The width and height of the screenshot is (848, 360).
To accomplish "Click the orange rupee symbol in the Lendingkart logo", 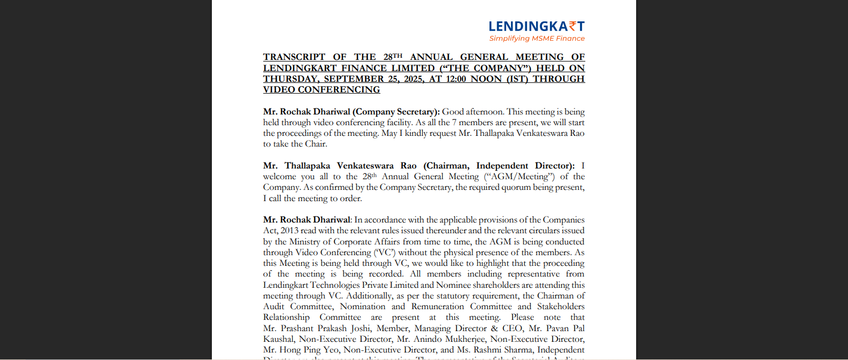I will pyautogui.click(x=573, y=26).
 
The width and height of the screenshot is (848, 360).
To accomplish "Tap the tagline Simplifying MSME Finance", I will pyautogui.click(x=537, y=39).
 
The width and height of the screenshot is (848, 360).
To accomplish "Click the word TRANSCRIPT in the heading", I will pyautogui.click(x=294, y=57).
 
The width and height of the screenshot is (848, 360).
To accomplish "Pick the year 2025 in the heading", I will pyautogui.click(x=410, y=79).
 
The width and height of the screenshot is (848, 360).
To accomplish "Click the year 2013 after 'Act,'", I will pyautogui.click(x=289, y=231).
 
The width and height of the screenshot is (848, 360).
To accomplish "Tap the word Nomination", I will pyautogui.click(x=363, y=307).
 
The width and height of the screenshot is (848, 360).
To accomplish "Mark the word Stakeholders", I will pyautogui.click(x=561, y=307).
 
